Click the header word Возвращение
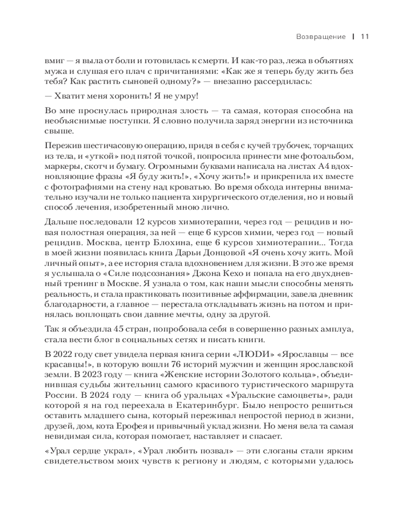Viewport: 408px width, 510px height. (x=321, y=37)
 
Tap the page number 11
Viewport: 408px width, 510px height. (x=365, y=37)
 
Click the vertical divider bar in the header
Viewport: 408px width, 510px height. (x=353, y=37)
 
